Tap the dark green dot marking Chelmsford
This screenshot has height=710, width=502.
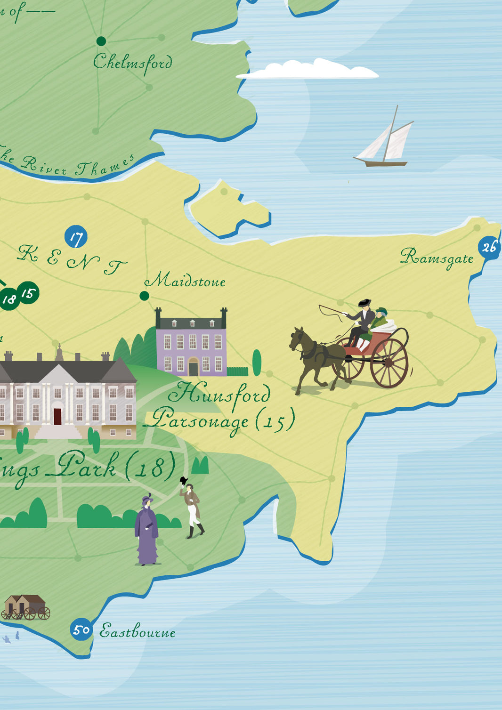coord(101,41)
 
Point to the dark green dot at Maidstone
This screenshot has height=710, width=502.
coord(145,296)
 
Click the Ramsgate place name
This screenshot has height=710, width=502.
coord(437,258)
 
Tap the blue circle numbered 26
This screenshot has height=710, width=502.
coord(489,247)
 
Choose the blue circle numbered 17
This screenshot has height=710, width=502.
coord(76,237)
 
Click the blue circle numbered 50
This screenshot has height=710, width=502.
coord(81,629)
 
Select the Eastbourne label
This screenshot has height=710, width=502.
coord(138,631)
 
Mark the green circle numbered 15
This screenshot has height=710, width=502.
coord(28,293)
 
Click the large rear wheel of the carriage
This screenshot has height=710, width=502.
coord(389,363)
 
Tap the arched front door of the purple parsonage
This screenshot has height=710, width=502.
coord(193,366)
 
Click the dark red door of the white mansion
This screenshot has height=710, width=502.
coord(57,416)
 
